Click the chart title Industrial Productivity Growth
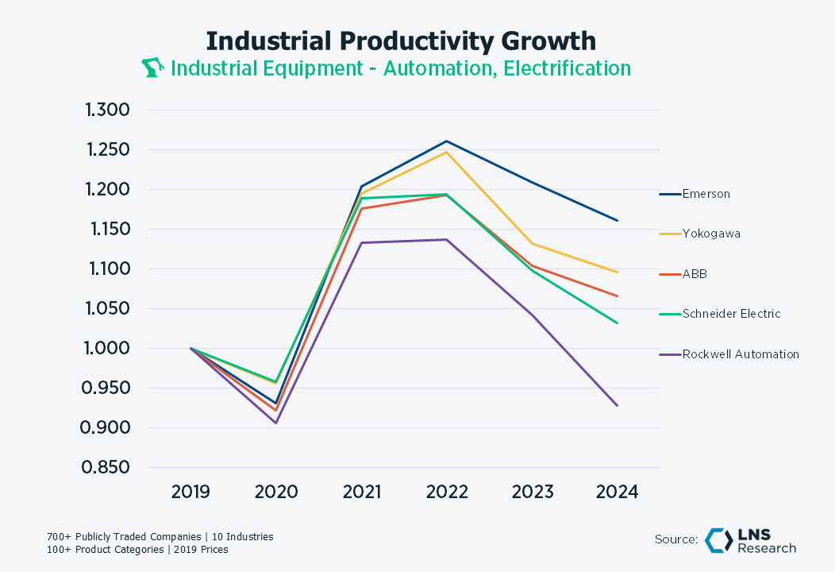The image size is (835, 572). pyautogui.click(x=401, y=41)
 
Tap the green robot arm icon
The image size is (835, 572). pyautogui.click(x=152, y=68)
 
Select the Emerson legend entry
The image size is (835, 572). pyautogui.click(x=706, y=194)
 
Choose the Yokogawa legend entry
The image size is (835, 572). pyautogui.click(x=711, y=234)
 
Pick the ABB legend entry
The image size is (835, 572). pyautogui.click(x=695, y=274)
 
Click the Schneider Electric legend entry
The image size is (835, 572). pyautogui.click(x=731, y=314)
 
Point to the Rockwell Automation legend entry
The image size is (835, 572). pyautogui.click(x=741, y=354)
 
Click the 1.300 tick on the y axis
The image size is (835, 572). pyautogui.click(x=107, y=110)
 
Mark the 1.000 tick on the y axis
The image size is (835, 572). pyautogui.click(x=107, y=348)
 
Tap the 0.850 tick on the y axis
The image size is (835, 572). pyautogui.click(x=107, y=467)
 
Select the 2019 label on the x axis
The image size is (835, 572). pyautogui.click(x=190, y=492)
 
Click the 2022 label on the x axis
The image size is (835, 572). pyautogui.click(x=446, y=492)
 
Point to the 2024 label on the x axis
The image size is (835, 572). pyautogui.click(x=617, y=492)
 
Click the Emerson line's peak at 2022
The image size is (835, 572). pyautogui.click(x=446, y=141)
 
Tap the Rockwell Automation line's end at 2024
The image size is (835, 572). pyautogui.click(x=617, y=406)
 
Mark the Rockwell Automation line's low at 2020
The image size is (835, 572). pyautogui.click(x=275, y=423)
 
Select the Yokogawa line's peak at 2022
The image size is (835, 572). pyautogui.click(x=446, y=152)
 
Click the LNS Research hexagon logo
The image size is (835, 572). pyautogui.click(x=719, y=539)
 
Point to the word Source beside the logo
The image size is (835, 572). pyautogui.click(x=676, y=539)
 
